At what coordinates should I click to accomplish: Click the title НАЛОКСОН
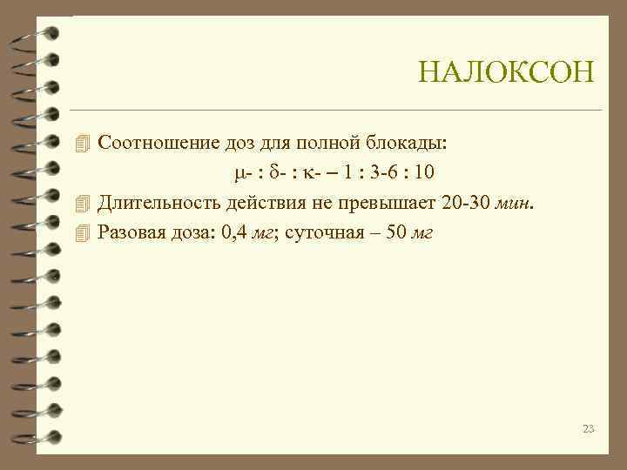point(506,72)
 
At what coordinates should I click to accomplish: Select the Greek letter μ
point(240,172)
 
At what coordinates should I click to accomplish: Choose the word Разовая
point(130,232)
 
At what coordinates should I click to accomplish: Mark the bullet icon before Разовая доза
point(84,232)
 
